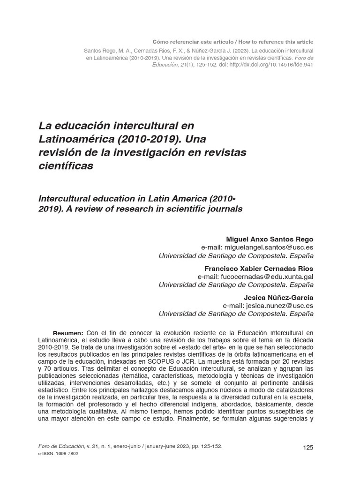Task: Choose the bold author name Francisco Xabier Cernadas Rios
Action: (259, 268)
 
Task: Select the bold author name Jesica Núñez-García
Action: (278, 297)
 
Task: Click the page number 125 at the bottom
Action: (308, 448)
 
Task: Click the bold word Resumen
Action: (68, 333)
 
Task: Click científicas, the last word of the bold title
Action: (66, 166)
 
